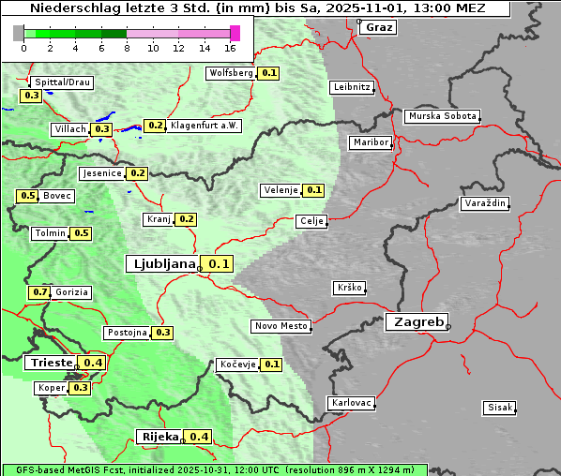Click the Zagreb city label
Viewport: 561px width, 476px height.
coord(417,321)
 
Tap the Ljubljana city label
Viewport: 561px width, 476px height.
coord(161,263)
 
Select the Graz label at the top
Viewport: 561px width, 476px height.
coord(379,27)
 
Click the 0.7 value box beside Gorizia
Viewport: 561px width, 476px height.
coord(39,292)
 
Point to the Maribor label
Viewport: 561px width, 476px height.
coord(370,142)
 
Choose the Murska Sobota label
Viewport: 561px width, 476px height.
coord(442,116)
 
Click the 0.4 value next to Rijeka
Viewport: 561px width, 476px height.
coord(199,437)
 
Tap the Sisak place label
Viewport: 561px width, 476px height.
coord(498,407)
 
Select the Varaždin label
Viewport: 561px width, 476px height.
coord(485,203)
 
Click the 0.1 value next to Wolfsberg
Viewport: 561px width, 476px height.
coord(269,73)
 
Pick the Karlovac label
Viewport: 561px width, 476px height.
coord(352,403)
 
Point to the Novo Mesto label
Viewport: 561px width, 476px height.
coord(280,326)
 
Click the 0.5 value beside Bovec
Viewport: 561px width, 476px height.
coord(27,196)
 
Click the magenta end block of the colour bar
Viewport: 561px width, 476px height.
coord(235,33)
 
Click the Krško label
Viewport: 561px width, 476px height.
coord(348,288)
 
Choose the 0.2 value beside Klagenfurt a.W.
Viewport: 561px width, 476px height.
coord(155,126)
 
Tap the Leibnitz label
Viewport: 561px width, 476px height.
coord(352,87)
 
